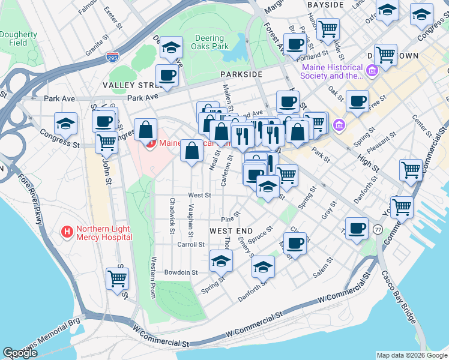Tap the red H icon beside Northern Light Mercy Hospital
67,231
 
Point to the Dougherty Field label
18,39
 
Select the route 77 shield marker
378,229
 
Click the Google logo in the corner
20,352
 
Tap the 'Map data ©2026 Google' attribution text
411,355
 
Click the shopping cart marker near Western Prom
117,278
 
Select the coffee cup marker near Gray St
357,227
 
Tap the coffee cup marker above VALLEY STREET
167,76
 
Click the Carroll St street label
191,245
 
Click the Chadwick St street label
172,212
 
